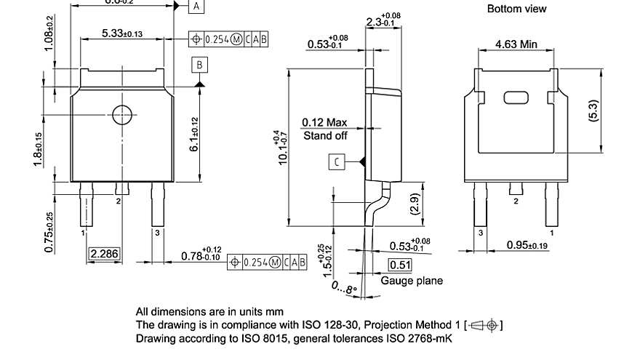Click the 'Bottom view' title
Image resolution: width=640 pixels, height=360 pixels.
pos(516,9)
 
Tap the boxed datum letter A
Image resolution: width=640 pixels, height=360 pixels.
pos(197,7)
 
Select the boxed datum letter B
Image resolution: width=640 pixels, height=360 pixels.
pos(200,65)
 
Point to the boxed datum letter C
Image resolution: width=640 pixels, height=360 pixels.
pos(337,161)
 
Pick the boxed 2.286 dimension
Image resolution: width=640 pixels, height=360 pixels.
pos(104,254)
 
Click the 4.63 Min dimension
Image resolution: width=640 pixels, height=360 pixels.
pos(516,44)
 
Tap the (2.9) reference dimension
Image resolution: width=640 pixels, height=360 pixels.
pos(414,204)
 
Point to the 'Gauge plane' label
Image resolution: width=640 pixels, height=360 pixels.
pos(411,281)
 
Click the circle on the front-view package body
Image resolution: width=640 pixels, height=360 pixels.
pos(121,114)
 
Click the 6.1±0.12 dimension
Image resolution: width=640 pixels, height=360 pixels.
pos(193,135)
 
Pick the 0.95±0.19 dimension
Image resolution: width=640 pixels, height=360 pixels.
pos(527,245)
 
